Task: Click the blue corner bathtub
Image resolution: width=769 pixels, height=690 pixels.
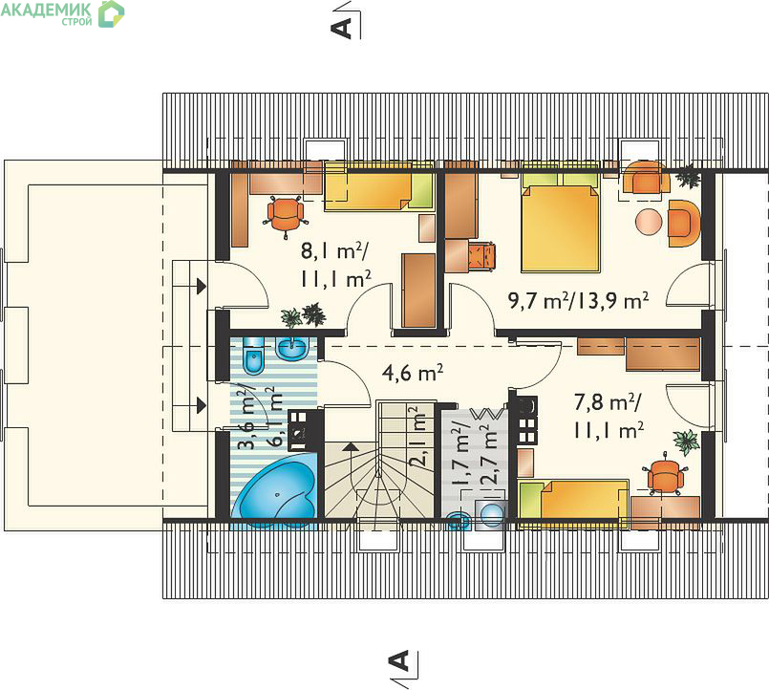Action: coord(277,491)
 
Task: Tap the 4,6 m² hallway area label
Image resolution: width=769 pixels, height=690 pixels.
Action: coord(413,373)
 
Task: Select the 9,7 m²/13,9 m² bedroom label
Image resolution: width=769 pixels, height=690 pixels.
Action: coord(579,301)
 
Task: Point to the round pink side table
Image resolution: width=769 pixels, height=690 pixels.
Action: coord(650,223)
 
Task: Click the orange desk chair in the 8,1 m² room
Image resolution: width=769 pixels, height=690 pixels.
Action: coord(286,216)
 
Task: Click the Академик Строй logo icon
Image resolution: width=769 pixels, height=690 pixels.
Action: coord(112,13)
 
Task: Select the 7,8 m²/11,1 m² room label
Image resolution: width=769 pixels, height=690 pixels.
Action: coord(609,417)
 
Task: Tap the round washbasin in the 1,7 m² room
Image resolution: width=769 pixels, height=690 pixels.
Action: coord(491,515)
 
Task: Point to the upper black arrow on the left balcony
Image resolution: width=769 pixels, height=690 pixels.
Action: coord(201,285)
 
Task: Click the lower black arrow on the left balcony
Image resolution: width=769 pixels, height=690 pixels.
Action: coord(201,405)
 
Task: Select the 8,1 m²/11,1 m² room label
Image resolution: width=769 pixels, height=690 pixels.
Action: coord(336,266)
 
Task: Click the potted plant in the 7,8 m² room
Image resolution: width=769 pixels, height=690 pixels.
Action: coord(686,441)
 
